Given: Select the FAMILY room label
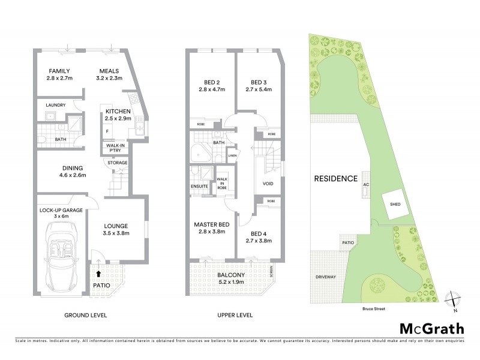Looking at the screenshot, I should pyautogui.click(x=60, y=70).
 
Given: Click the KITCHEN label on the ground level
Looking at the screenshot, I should pyautogui.click(x=118, y=112).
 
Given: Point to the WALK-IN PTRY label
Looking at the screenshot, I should pyautogui.click(x=116, y=148).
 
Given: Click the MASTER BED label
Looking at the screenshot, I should pyautogui.click(x=209, y=225).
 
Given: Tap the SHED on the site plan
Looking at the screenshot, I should pyautogui.click(x=395, y=204).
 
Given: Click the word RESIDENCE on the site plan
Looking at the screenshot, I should pyautogui.click(x=335, y=179).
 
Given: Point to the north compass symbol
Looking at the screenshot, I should pyautogui.click(x=454, y=300).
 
